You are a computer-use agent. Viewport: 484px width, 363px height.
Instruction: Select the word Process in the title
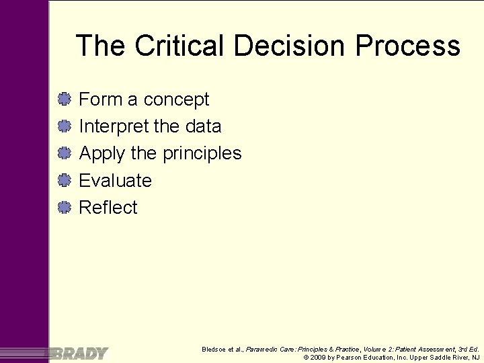(408, 46)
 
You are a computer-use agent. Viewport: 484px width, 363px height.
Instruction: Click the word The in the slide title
(101, 46)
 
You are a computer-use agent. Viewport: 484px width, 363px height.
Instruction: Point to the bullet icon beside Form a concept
(64, 99)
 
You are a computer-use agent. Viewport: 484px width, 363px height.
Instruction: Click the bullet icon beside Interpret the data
(64, 126)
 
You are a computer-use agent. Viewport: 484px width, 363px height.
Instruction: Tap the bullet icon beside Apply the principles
(64, 153)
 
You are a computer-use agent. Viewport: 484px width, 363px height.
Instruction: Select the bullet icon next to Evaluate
(64, 180)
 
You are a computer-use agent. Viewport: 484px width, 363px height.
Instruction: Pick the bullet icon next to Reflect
(64, 207)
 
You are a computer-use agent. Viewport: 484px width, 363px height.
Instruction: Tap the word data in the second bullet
(202, 126)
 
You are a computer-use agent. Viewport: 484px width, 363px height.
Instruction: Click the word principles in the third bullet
(202, 154)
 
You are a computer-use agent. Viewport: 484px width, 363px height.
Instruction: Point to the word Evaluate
(115, 180)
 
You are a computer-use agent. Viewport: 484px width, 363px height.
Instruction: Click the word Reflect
(108, 207)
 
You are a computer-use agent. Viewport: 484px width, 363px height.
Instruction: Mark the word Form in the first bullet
(99, 99)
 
